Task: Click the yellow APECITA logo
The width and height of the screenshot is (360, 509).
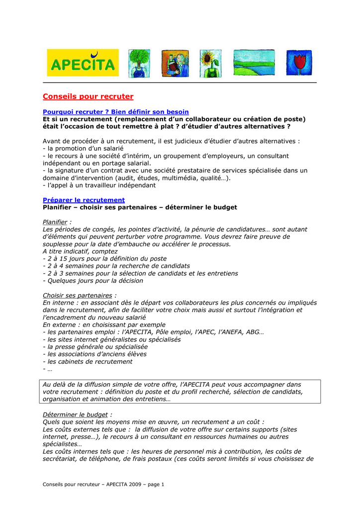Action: [x=83, y=63]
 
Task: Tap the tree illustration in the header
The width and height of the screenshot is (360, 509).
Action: [x=139, y=63]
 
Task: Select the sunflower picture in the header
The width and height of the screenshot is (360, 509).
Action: [x=210, y=63]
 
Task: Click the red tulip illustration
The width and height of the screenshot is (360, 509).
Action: [x=298, y=63]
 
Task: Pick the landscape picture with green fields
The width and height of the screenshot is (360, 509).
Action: [x=254, y=63]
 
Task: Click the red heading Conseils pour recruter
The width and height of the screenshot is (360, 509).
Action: [x=88, y=96]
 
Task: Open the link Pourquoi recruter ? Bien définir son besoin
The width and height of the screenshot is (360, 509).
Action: [x=116, y=112]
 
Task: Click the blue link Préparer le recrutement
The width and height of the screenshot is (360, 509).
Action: [x=84, y=200]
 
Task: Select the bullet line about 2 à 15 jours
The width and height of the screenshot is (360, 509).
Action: [x=105, y=258]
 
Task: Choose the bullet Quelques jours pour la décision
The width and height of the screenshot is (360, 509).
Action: [x=93, y=280]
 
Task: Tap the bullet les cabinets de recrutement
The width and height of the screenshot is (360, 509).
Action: [x=88, y=362]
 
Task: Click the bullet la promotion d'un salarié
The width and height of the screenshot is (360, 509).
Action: [x=83, y=148]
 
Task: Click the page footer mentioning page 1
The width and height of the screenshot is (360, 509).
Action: [x=103, y=484]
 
